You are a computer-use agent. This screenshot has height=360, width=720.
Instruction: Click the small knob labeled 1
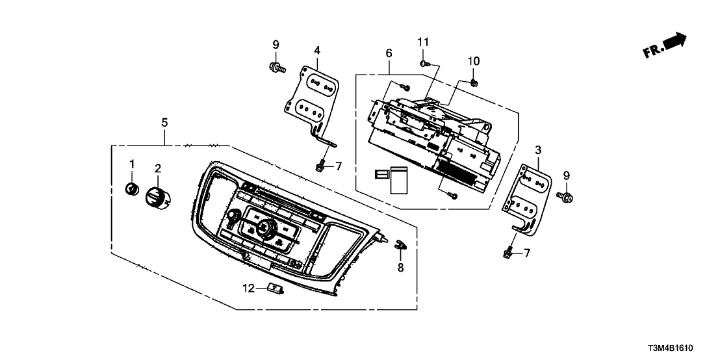click(x=132, y=188)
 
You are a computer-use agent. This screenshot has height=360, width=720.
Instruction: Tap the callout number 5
click(x=164, y=122)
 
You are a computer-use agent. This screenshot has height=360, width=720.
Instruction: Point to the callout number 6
click(x=389, y=52)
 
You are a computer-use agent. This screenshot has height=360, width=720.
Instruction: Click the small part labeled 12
click(x=276, y=289)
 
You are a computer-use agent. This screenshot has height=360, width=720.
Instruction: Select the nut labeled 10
click(x=474, y=82)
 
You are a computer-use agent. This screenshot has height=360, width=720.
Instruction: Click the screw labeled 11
click(x=423, y=63)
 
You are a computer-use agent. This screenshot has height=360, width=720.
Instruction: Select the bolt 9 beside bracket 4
click(x=276, y=66)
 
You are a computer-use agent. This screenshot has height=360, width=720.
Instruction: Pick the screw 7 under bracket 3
click(x=508, y=252)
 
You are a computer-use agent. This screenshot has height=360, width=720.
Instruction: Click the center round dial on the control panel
click(x=264, y=227)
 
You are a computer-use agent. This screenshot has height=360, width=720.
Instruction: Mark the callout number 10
click(x=474, y=61)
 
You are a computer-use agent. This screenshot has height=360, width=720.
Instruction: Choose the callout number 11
click(x=423, y=42)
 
